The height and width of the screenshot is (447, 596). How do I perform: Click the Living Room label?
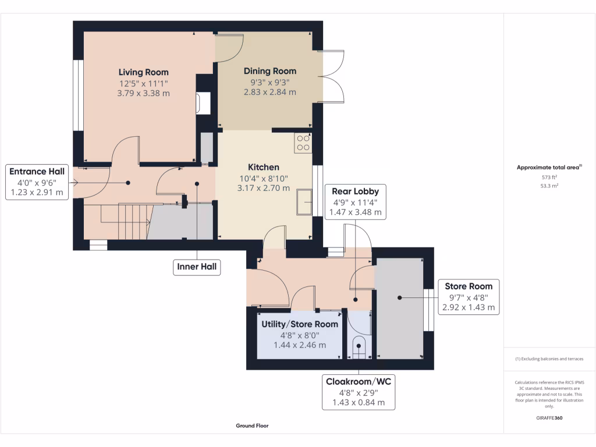tap(143, 72)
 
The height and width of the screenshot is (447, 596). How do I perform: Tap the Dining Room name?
tap(270, 71)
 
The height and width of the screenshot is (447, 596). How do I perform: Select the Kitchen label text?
tap(264, 167)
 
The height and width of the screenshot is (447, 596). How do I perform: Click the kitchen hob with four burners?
tap(303, 143)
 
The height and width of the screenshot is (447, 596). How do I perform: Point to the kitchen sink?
tap(304, 201)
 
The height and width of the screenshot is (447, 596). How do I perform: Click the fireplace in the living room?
tap(203, 103)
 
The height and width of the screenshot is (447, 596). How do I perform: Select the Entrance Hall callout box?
tap(37, 182)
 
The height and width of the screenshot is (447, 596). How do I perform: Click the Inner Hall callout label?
tap(197, 267)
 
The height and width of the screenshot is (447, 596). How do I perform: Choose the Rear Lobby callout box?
tap(356, 202)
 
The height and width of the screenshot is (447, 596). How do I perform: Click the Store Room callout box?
tap(469, 297)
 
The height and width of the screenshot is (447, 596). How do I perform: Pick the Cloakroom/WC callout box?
tap(359, 392)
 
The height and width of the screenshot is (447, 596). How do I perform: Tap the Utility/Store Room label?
tap(300, 324)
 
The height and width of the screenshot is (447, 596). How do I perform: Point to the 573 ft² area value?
tap(549, 177)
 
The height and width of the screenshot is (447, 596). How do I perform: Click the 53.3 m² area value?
tap(549, 186)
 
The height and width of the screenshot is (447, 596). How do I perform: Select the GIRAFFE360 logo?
tap(549, 418)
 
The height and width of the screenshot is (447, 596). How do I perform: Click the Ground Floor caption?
tap(252, 425)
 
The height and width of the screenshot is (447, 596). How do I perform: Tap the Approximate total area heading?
tap(549, 167)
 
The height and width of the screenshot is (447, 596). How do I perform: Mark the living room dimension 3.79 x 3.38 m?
tap(143, 94)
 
